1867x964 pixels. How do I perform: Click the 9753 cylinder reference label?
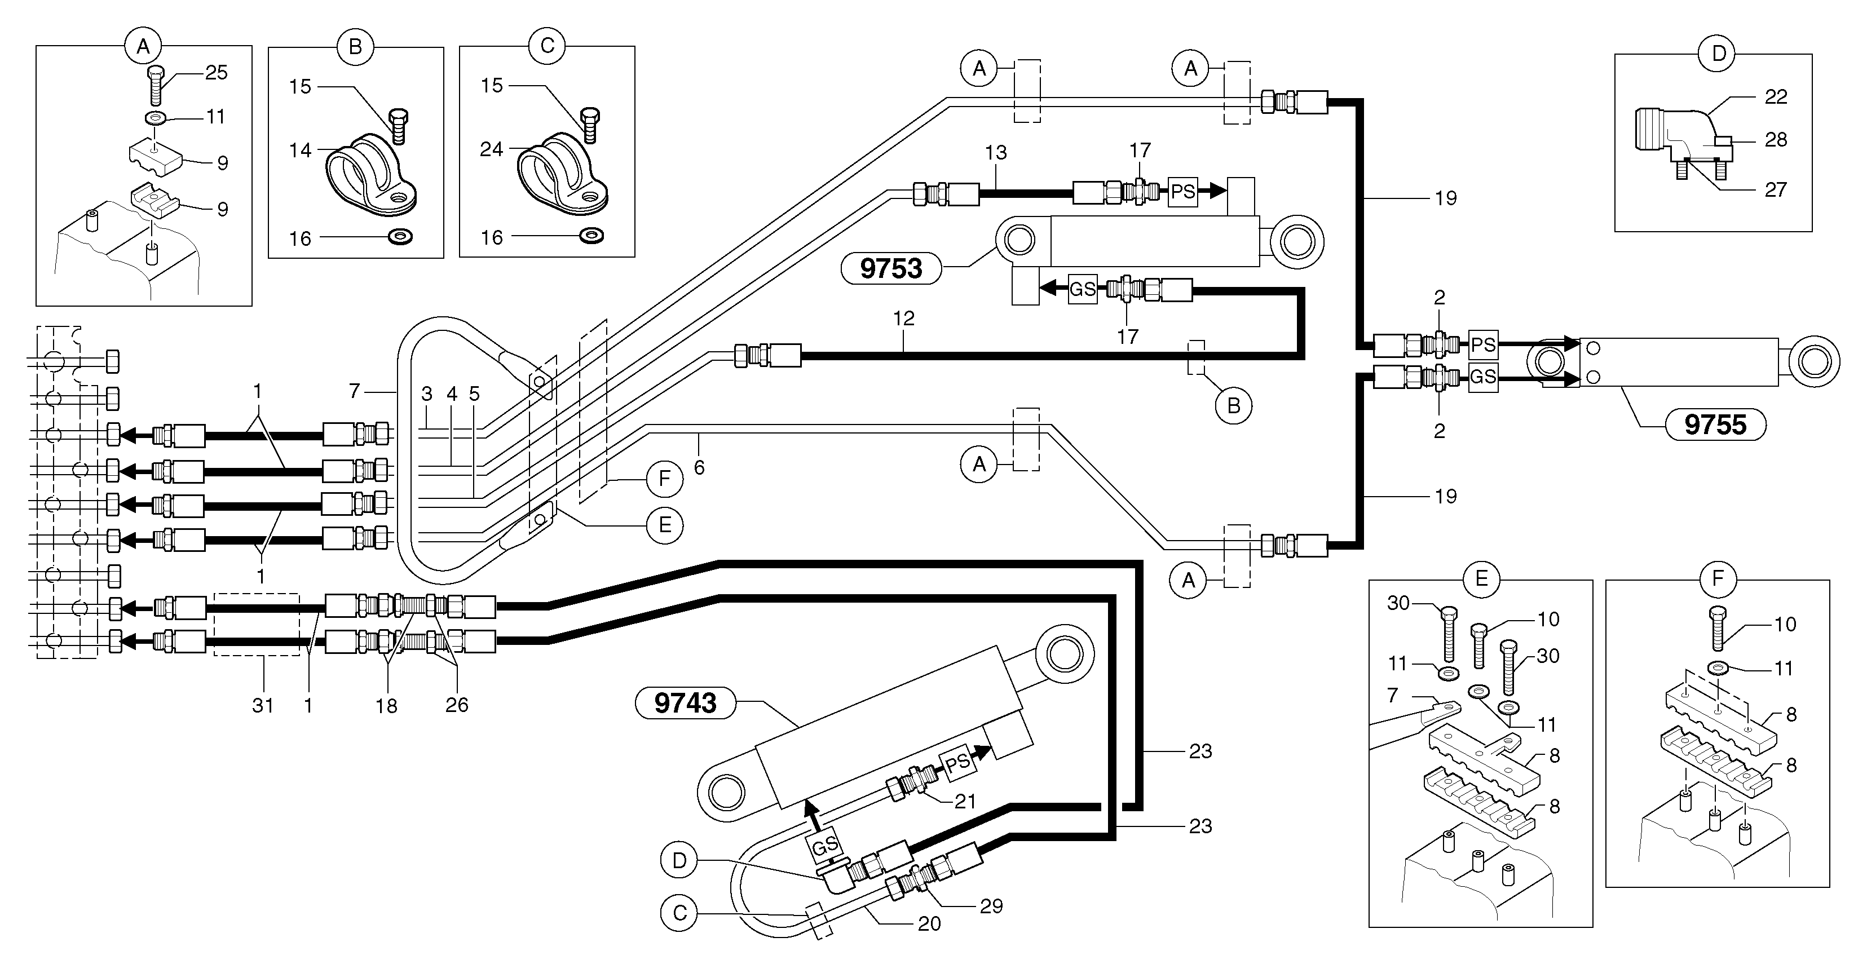point(891,269)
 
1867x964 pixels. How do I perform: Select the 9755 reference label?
point(1715,424)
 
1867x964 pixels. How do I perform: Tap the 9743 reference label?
point(685,703)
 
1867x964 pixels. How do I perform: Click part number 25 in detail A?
point(216,73)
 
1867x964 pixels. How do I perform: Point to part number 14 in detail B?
point(300,150)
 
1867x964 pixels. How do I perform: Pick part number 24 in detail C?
point(491,149)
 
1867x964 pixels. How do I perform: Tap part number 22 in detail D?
point(1776,96)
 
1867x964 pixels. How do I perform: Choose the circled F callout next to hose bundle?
point(664,479)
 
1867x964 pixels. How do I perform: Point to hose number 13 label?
point(996,153)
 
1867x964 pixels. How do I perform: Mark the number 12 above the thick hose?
point(904,318)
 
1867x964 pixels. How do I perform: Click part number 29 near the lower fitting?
point(991,906)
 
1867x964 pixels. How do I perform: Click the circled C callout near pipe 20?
point(679,913)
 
